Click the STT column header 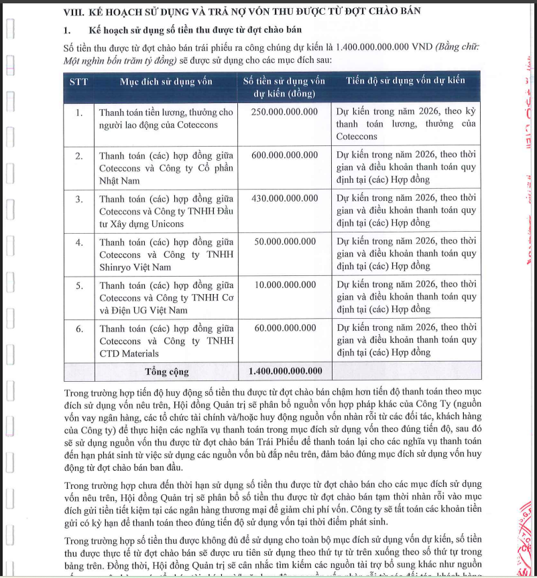click(x=79, y=82)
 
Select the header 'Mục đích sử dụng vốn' click(x=166, y=82)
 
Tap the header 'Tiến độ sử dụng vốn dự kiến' click(x=405, y=81)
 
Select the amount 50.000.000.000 click(x=286, y=241)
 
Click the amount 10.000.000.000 click(x=286, y=285)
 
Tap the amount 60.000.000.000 click(x=286, y=328)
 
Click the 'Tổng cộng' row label click(x=167, y=372)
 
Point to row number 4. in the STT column click(x=79, y=242)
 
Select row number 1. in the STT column click(x=79, y=113)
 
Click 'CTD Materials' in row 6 click(x=129, y=354)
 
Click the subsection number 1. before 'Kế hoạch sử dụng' click(x=67, y=30)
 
